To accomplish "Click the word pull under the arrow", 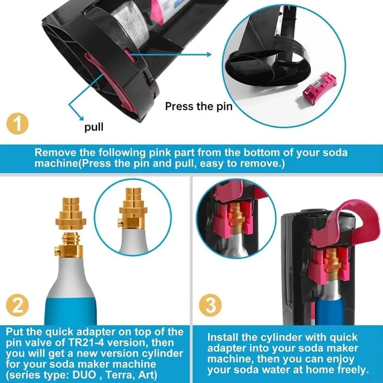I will point(94,128).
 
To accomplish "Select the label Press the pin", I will point(199,106).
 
